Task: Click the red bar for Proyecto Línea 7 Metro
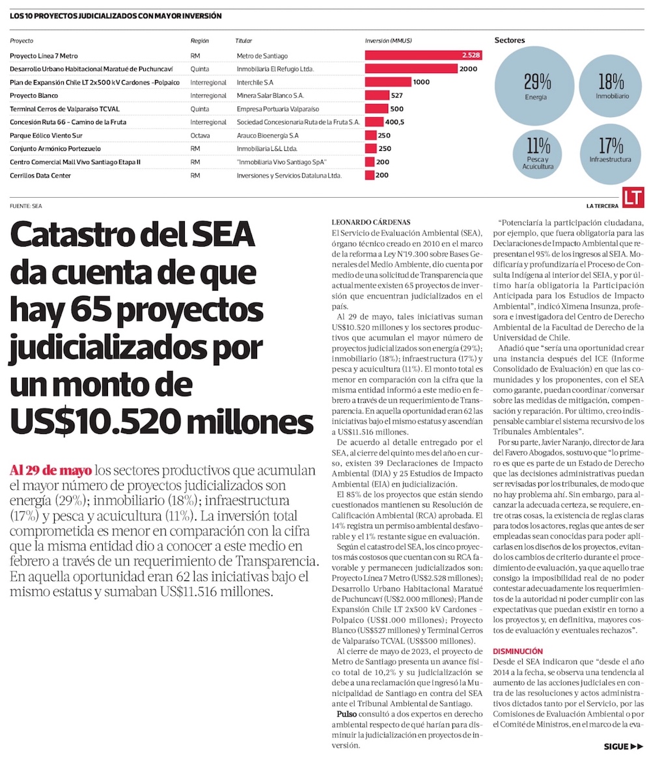(x=422, y=55)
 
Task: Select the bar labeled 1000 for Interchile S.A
(x=388, y=82)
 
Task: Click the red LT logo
(x=632, y=199)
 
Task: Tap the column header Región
(x=199, y=40)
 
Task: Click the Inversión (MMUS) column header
(x=388, y=40)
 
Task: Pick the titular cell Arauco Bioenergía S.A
(x=268, y=135)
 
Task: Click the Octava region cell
(x=200, y=135)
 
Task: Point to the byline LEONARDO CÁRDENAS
(x=371, y=221)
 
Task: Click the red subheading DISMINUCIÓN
(x=518, y=651)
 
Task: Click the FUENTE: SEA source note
(x=26, y=206)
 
